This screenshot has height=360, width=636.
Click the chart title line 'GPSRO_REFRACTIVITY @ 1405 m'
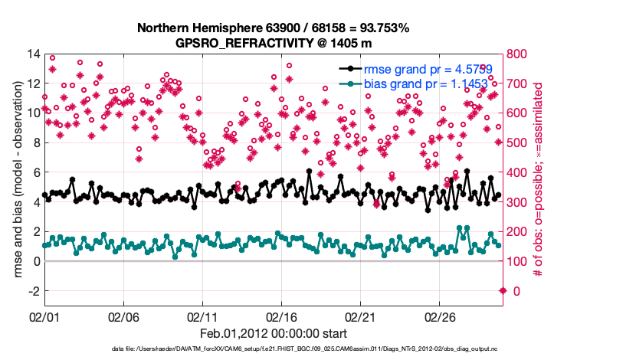pyautogui.click(x=274, y=42)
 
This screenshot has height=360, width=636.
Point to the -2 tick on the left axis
pyautogui.click(x=33, y=291)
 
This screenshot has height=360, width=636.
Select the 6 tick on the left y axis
pyautogui.click(x=35, y=172)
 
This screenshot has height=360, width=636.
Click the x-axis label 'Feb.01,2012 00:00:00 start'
pyautogui.click(x=274, y=334)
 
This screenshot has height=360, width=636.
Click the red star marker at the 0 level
pyautogui.click(x=503, y=290)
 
